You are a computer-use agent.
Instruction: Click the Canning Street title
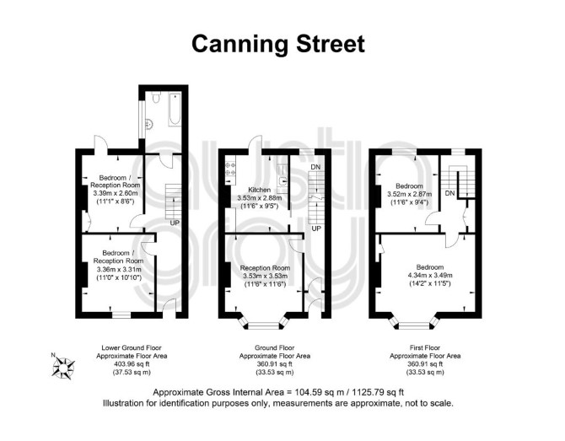coord(278,45)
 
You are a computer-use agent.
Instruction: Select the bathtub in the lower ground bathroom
coord(175,110)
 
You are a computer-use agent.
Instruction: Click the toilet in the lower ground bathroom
coord(156,97)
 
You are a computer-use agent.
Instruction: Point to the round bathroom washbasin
coord(148,125)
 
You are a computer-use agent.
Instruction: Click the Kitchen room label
coord(260,190)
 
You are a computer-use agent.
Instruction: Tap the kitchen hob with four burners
coord(230,169)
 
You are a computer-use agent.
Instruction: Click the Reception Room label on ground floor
coord(265,268)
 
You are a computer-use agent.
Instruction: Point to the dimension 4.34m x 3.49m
coord(430,275)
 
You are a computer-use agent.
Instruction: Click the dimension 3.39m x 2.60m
coord(116,193)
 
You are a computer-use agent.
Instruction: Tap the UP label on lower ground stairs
coord(175,223)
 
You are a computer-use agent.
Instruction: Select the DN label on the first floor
coord(449,193)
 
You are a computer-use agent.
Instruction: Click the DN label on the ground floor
coord(315,167)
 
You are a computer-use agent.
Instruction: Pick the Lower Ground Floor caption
coord(132,347)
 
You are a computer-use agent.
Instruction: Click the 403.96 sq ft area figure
coord(132,364)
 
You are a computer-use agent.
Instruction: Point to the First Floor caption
coord(425,347)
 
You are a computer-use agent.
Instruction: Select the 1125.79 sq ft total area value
coord(378,392)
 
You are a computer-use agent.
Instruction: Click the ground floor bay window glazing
coord(264,326)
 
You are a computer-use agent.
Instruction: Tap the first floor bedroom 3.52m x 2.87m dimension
coord(410,194)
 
